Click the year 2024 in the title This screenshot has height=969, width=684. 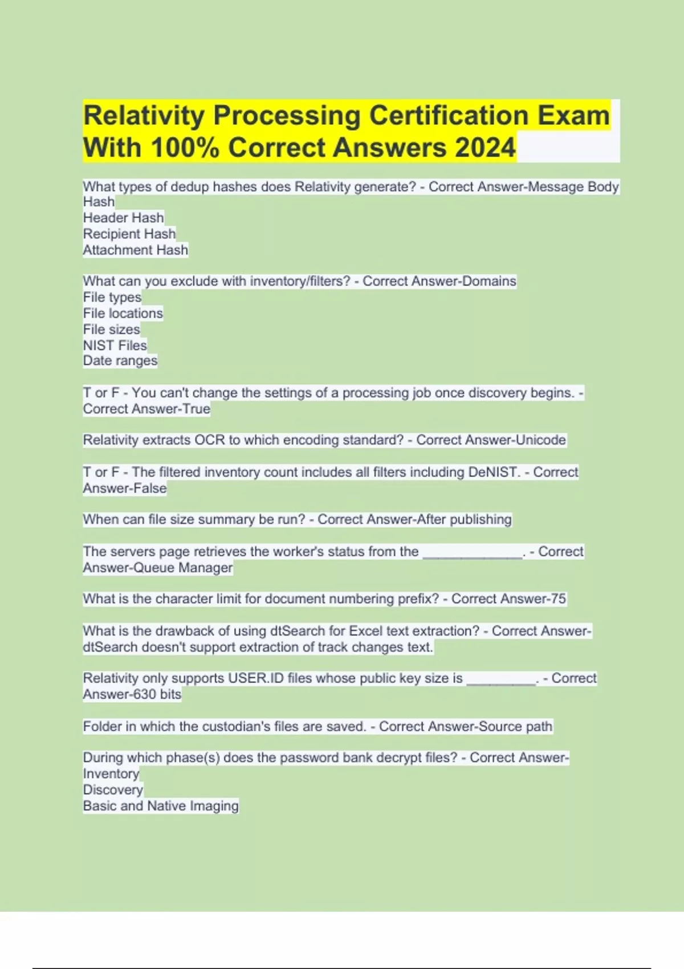pos(485,148)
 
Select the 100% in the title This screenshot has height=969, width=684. pos(185,148)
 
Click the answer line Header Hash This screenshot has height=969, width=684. pos(123,218)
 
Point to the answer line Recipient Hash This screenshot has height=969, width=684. pos(129,234)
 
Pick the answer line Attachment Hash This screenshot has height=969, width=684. pos(135,250)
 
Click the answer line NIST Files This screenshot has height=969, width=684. pos(115,345)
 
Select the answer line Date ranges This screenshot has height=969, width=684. pos(120,361)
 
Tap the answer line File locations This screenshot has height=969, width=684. pos(123,313)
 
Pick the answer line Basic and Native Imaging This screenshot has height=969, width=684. pos(161,806)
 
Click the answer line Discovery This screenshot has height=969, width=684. pos(113,790)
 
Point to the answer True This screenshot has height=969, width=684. pos(196,409)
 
